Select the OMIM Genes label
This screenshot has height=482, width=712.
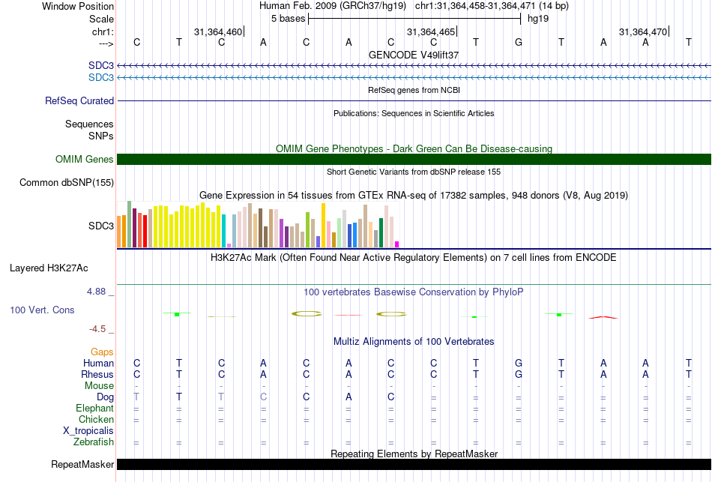(84, 159)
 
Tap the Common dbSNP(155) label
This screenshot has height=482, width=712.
(67, 182)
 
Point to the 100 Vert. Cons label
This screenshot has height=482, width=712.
(42, 310)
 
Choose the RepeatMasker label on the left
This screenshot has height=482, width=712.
(82, 464)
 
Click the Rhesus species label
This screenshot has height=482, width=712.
(97, 374)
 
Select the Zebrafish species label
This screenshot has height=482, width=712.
(94, 442)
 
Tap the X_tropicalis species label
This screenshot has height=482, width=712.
(88, 431)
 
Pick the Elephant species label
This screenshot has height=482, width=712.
(94, 408)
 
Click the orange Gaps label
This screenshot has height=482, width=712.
(102, 352)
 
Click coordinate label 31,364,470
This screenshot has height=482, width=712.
(642, 32)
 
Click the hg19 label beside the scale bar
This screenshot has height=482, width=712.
(538, 18)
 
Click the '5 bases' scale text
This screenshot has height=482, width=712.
(284, 18)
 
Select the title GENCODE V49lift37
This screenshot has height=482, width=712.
(414, 55)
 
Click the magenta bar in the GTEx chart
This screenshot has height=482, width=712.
(397, 244)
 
